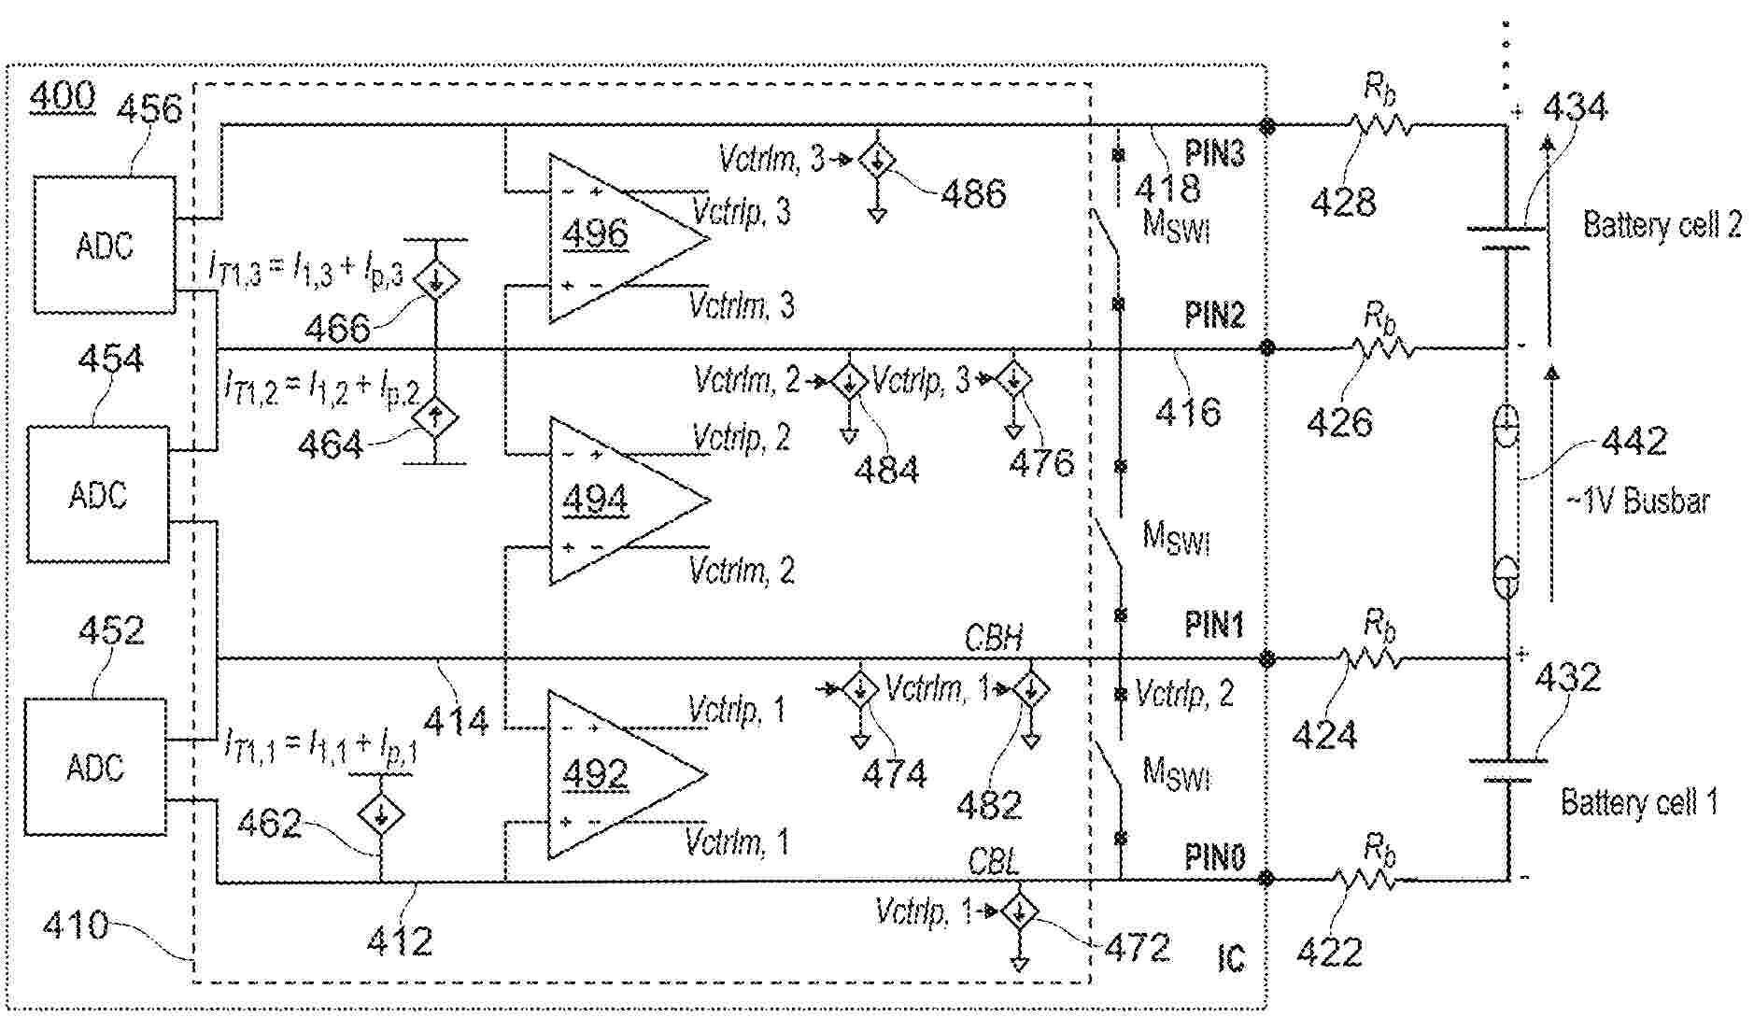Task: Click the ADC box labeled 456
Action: point(104,245)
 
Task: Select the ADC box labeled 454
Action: point(97,494)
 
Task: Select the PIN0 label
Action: point(1214,856)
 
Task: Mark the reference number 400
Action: point(62,96)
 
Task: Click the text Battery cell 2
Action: point(1662,225)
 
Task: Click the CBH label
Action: point(994,638)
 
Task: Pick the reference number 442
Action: point(1634,440)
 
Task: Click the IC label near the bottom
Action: point(1231,958)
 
